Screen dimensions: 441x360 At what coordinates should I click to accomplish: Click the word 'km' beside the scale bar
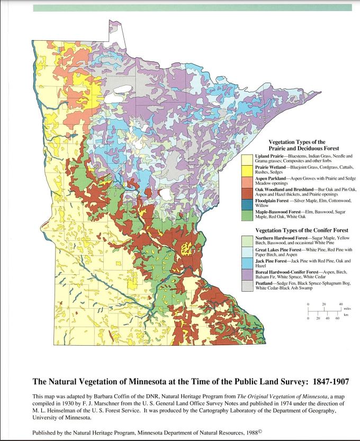tap(347, 314)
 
